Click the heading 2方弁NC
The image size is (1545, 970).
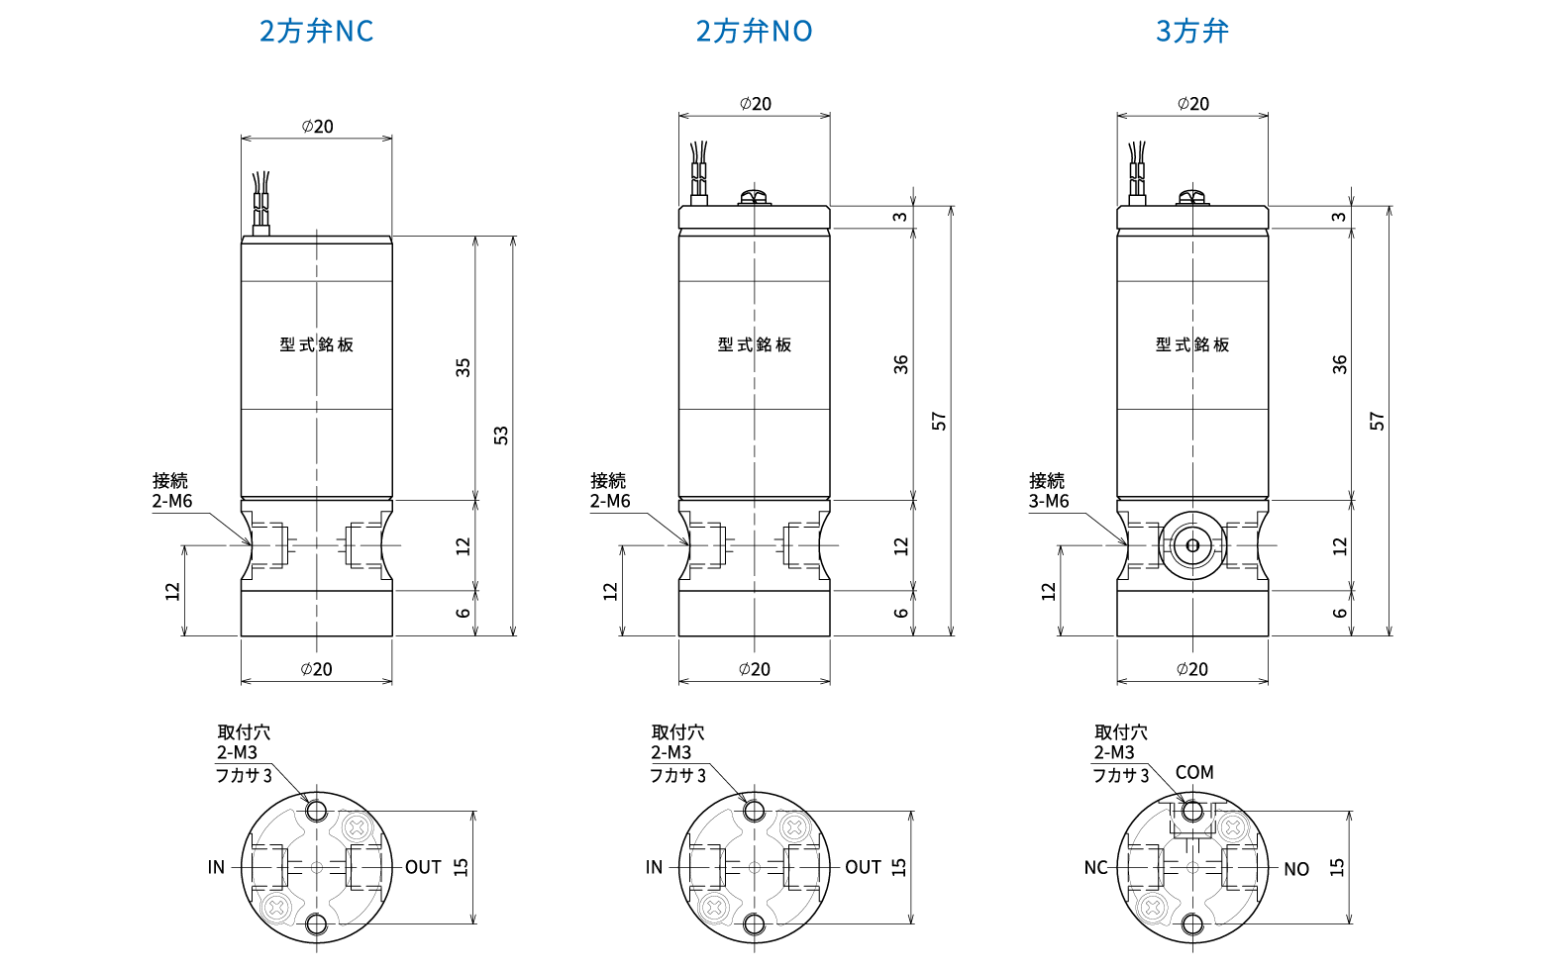coord(316,32)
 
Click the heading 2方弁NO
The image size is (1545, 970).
coord(754,32)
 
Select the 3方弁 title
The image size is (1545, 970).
coord(1192,32)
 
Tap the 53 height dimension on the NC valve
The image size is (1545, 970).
coord(501,436)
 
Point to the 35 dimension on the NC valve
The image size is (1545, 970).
coord(463,367)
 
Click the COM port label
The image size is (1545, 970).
coord(1194,772)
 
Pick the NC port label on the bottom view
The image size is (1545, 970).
coord(1095,868)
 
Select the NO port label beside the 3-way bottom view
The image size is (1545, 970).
coord(1296,869)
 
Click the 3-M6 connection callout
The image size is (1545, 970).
coord(1049,501)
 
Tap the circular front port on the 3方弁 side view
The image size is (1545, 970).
coord(1192,545)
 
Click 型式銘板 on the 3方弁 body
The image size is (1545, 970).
coord(1192,344)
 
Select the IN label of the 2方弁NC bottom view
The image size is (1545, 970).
coord(216,867)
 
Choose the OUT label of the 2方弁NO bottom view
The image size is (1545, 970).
coord(863,867)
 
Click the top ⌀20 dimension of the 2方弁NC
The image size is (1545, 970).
coord(317,127)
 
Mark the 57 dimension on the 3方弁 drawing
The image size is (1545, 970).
coord(1377,421)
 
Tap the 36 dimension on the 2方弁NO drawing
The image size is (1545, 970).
coord(900,364)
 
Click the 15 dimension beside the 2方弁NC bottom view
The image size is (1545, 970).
coord(461,867)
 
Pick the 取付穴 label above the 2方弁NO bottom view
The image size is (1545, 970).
coord(678,732)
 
